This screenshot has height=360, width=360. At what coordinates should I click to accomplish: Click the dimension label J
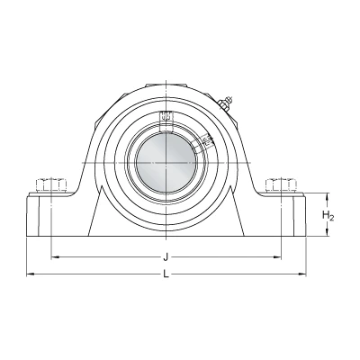pyautogui.click(x=166, y=257)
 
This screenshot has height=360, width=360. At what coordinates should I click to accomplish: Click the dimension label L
pyautogui.click(x=166, y=274)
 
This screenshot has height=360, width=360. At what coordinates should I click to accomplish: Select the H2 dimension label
pyautogui.click(x=328, y=215)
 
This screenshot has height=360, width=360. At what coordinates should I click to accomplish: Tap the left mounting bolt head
pyautogui.click(x=51, y=185)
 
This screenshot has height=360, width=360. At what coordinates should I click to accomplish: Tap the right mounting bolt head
pyautogui.click(x=281, y=185)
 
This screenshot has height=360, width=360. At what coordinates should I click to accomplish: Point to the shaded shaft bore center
pyautogui.click(x=166, y=163)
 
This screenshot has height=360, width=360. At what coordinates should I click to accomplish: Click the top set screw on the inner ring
pyautogui.click(x=166, y=121)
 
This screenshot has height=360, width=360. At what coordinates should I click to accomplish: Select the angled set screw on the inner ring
pyautogui.click(x=203, y=142)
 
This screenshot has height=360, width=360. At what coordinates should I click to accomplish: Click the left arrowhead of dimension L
pyautogui.click(x=30, y=274)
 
